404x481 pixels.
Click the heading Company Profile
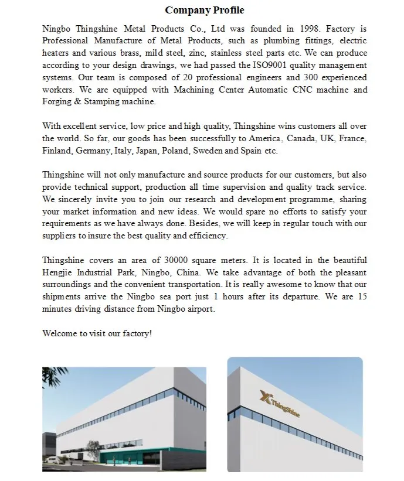point(204,10)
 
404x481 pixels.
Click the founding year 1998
point(306,28)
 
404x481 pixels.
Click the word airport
point(199,309)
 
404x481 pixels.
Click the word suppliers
point(60,236)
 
